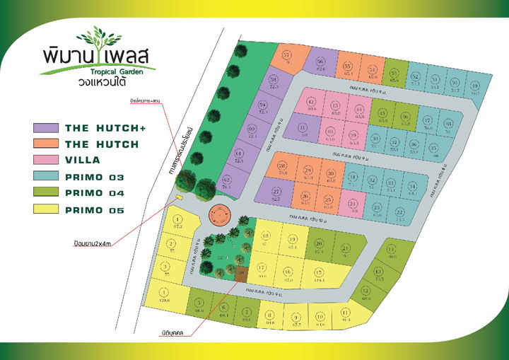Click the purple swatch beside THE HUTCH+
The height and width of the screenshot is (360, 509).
(46, 128)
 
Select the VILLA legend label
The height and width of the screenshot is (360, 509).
(83, 160)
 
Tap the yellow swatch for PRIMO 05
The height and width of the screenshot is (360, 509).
(46, 209)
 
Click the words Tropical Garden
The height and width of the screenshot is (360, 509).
(121, 71)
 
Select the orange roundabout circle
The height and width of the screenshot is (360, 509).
(221, 213)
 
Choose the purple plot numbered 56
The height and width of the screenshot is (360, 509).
(320, 64)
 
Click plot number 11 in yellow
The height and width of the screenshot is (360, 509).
(345, 313)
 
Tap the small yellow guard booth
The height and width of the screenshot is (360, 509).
(179, 198)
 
